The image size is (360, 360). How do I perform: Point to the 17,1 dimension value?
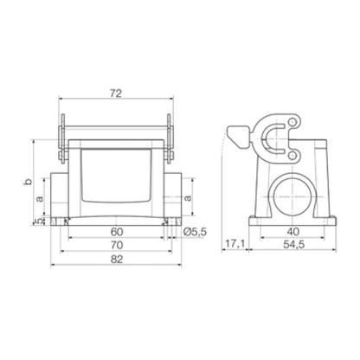235,247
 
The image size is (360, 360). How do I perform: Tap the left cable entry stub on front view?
59,198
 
